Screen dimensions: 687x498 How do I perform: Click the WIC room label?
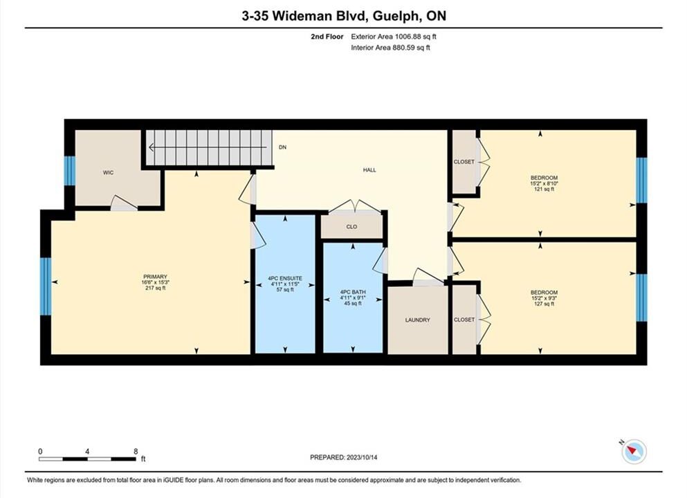[x=108, y=172]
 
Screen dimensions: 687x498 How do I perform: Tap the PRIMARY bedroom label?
[x=155, y=277]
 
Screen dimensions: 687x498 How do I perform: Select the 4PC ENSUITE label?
[x=285, y=278]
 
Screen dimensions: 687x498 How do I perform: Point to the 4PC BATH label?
[x=353, y=292]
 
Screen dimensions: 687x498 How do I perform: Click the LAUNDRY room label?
[x=418, y=320]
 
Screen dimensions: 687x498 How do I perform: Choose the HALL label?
[x=369, y=170]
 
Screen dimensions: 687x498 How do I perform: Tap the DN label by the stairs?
[x=282, y=147]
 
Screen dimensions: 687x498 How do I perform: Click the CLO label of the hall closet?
[x=351, y=227]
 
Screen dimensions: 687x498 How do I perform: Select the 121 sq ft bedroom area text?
[x=544, y=190]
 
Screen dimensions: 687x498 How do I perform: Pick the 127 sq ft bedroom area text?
[x=544, y=304]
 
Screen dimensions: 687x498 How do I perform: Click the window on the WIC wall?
[x=70, y=170]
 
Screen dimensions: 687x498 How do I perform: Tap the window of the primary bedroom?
[x=46, y=286]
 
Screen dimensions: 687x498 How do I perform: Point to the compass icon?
[x=634, y=451]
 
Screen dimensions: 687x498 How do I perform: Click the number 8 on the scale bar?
[x=136, y=452]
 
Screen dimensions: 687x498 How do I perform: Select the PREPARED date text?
[x=343, y=457]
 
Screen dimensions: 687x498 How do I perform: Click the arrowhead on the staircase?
[x=152, y=147]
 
